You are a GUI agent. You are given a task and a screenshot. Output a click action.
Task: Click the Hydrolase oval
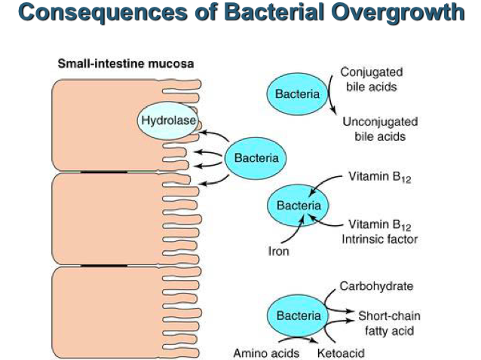(x=165, y=121)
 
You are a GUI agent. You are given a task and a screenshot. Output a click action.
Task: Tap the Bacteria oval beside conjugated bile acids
(x=296, y=95)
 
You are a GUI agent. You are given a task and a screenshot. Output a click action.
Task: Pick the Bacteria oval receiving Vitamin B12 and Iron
(x=298, y=205)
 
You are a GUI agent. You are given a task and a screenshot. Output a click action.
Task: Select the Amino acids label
(x=265, y=352)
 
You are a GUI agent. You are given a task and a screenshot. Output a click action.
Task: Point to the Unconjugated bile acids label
(x=380, y=129)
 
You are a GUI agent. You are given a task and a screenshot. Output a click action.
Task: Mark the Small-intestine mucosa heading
(x=126, y=63)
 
